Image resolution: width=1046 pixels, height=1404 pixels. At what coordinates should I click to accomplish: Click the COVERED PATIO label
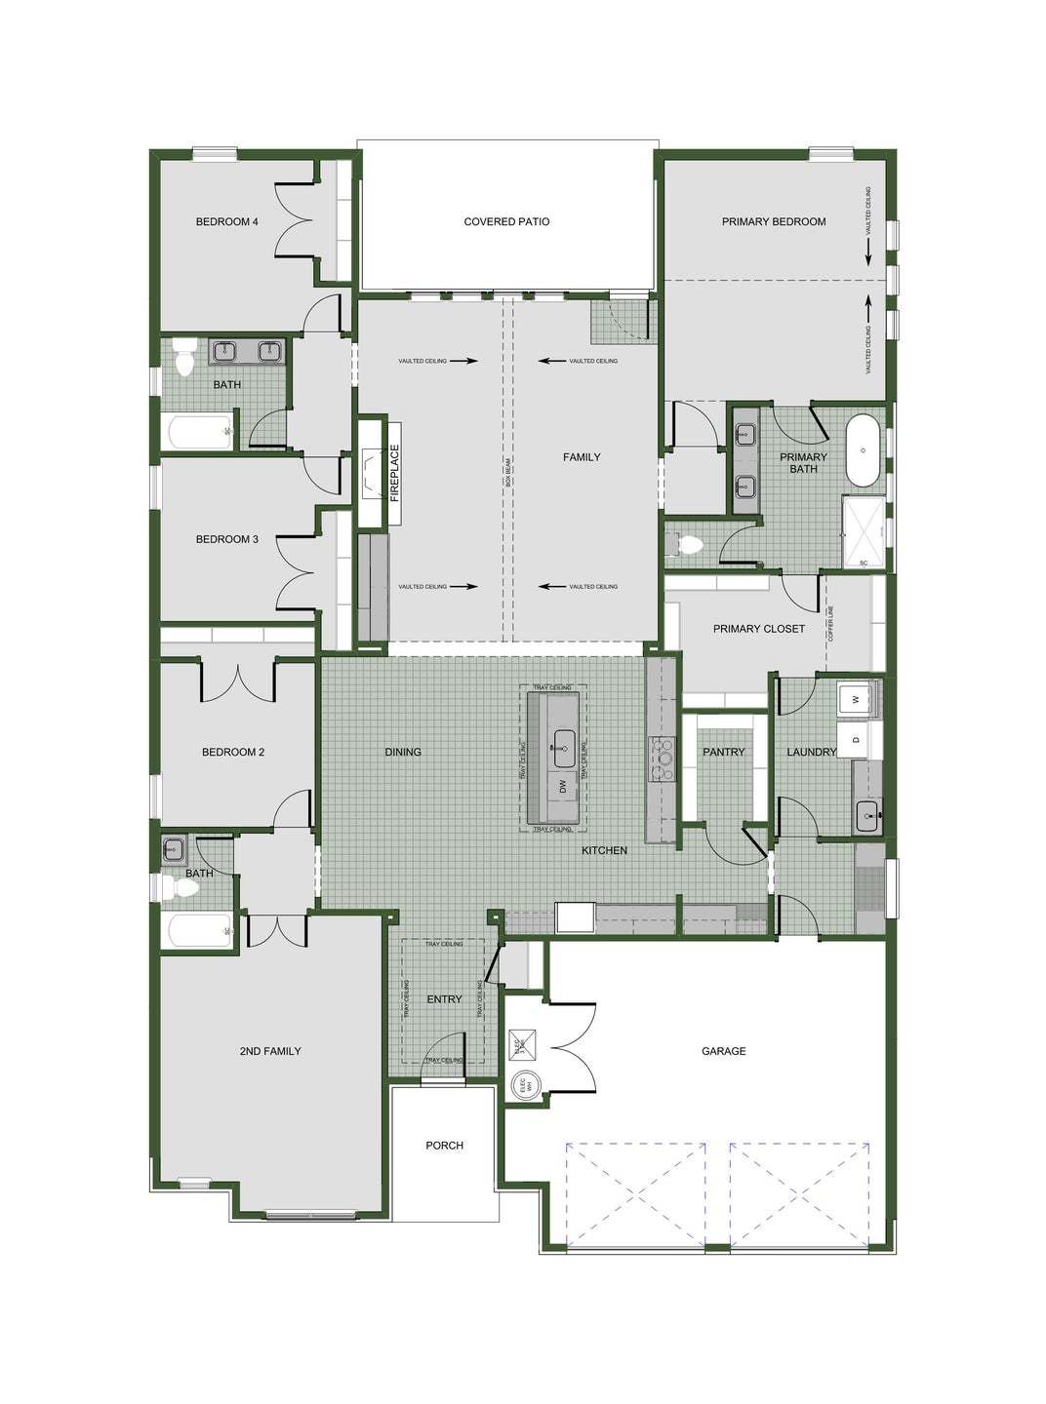point(506,221)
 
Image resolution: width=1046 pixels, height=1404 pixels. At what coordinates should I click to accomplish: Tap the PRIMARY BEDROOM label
point(774,221)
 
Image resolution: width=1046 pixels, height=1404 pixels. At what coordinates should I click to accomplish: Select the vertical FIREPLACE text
point(395,473)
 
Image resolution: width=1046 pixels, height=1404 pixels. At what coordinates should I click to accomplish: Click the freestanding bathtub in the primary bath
point(862,450)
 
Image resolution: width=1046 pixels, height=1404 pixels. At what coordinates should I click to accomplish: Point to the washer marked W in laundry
point(856,699)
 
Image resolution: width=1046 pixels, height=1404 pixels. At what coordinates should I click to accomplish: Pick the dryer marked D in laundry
point(856,739)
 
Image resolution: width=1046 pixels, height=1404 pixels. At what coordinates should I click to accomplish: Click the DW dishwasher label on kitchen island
point(562,785)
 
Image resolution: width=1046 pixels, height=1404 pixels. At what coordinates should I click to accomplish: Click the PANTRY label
point(723,752)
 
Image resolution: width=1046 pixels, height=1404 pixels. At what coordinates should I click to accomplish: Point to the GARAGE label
point(723,1051)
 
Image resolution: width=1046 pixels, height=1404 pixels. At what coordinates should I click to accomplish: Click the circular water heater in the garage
point(523,1085)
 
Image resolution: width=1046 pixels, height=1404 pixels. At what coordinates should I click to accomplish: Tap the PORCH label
point(444,1146)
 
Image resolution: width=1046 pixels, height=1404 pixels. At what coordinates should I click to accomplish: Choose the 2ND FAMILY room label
point(269,1051)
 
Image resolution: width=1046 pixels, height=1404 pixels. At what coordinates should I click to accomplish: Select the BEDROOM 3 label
point(226,539)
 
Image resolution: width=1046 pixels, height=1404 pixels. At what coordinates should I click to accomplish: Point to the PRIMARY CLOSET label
point(758,629)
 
